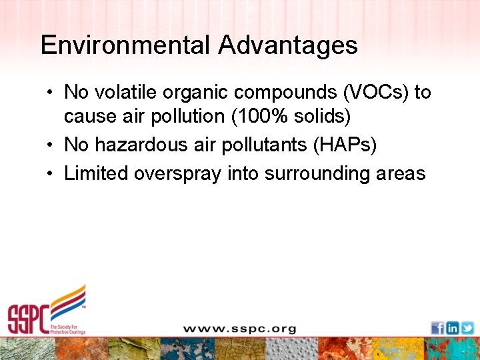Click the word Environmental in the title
[x=125, y=45]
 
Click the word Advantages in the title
[x=287, y=45]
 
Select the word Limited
[x=96, y=173]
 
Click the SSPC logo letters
[x=28, y=318]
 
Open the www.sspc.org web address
[x=239, y=329]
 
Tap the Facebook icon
[x=437, y=328]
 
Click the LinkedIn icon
[x=453, y=328]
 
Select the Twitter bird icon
[x=467, y=328]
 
